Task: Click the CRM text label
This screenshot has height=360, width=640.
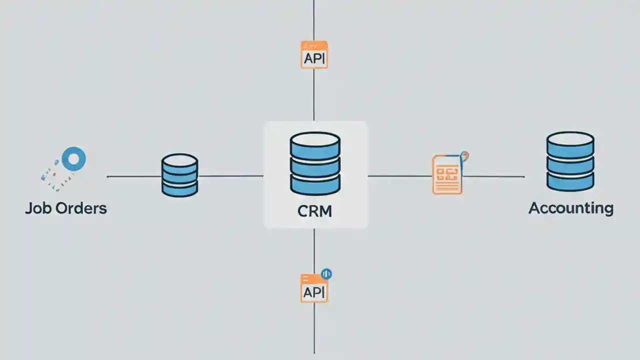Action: (314, 211)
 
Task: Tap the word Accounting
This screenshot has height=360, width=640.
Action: (570, 208)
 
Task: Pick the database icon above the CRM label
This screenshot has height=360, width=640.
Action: (315, 163)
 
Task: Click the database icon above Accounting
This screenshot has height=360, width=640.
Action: (570, 161)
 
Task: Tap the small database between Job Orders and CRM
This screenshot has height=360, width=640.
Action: (179, 175)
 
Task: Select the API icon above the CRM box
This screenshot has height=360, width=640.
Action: (314, 55)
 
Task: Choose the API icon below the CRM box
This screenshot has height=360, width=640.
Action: (314, 288)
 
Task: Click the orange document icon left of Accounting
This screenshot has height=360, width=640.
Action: (447, 174)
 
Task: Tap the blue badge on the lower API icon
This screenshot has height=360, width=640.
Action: (326, 273)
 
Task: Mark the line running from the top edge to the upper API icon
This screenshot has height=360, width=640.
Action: (313, 20)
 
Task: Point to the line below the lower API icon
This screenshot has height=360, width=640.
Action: (314, 327)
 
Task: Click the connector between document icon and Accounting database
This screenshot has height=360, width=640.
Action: (493, 176)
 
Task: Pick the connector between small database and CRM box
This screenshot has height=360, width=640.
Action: (230, 176)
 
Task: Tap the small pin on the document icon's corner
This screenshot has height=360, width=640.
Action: (465, 156)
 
